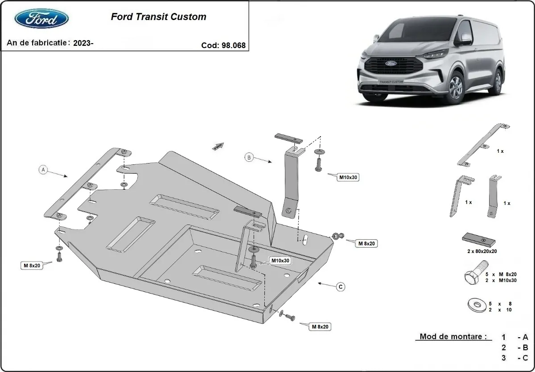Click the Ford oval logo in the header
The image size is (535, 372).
click(41, 20)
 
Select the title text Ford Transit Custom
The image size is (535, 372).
click(158, 17)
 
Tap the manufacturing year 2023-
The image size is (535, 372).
click(83, 43)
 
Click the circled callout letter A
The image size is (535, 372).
click(43, 169)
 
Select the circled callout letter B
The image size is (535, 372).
click(249, 156)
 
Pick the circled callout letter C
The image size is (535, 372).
click(340, 287)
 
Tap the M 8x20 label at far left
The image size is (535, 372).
click(32, 266)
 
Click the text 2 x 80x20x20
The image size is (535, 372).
click(482, 251)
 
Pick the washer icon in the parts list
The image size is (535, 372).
click(477, 306)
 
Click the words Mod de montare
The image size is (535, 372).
click(453, 337)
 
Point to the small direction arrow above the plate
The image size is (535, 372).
click(218, 146)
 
